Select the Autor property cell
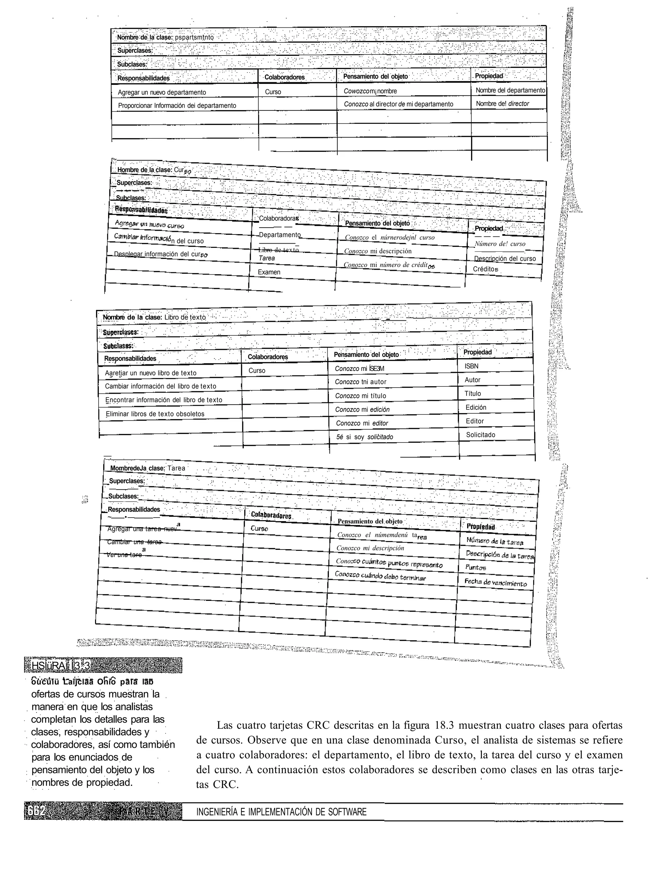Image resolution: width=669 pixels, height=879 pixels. (x=473, y=380)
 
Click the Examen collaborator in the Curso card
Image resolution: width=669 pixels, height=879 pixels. (x=269, y=272)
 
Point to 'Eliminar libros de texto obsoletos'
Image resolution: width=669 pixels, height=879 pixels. (x=155, y=414)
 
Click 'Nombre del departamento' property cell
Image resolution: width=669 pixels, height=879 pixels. (x=510, y=90)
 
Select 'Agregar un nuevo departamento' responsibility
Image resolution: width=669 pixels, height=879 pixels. (x=162, y=92)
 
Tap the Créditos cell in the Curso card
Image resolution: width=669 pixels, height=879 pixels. (x=485, y=269)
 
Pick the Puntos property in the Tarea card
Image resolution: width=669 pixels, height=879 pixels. (x=476, y=567)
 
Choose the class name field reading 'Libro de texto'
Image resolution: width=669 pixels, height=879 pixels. (x=185, y=317)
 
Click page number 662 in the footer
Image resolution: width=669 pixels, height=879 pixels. (x=37, y=812)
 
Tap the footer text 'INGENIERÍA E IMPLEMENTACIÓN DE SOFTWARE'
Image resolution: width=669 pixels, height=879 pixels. (x=281, y=812)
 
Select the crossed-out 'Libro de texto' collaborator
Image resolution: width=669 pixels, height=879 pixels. (x=278, y=250)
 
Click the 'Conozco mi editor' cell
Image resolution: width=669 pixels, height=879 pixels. (x=362, y=423)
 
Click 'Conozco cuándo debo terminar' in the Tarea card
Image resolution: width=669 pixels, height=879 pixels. (x=380, y=576)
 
